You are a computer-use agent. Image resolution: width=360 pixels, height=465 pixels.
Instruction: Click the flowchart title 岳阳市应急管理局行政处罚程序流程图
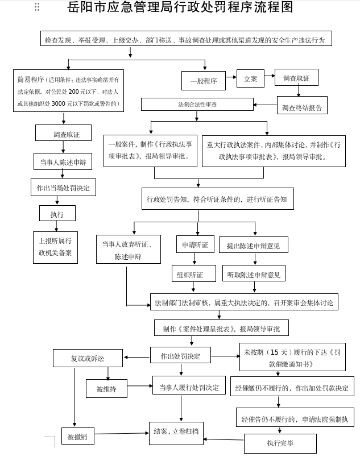pyautogui.click(x=180, y=8)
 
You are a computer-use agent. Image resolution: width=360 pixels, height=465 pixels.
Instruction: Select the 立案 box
pyautogui.click(x=250, y=79)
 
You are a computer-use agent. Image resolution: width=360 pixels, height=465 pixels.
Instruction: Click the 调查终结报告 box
pyautogui.click(x=302, y=107)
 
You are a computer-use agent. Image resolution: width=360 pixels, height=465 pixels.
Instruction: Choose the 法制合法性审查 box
pyautogui.click(x=197, y=105)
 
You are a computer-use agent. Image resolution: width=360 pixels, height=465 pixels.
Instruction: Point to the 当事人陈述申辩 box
pyautogui.click(x=63, y=161)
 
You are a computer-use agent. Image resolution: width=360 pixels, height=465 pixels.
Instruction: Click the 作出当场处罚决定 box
pyautogui.click(x=63, y=187)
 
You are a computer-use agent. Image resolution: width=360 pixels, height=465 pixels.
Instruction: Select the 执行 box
pyautogui.click(x=57, y=214)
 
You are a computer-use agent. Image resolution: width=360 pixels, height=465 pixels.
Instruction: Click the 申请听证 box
pyautogui.click(x=195, y=244)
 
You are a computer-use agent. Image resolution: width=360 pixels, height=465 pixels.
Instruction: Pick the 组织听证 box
pyautogui.click(x=193, y=274)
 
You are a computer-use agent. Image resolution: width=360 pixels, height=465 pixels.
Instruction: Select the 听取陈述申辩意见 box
pyautogui.click(x=254, y=274)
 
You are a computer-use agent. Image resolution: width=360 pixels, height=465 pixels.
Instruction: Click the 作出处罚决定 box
pyautogui.click(x=180, y=356)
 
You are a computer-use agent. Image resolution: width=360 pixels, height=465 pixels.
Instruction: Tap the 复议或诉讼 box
pyautogui.click(x=88, y=358)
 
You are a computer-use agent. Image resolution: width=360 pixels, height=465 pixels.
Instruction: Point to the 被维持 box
pyautogui.click(x=106, y=389)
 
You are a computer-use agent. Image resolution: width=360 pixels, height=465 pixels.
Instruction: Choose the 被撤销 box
pyautogui.click(x=77, y=437)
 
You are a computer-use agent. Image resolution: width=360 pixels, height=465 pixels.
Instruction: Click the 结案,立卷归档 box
pyautogui.click(x=176, y=433)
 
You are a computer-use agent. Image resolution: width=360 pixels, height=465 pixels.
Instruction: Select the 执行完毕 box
pyautogui.click(x=280, y=443)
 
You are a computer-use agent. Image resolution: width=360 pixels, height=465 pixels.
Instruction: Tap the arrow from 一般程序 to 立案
pyautogui.click(x=231, y=80)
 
